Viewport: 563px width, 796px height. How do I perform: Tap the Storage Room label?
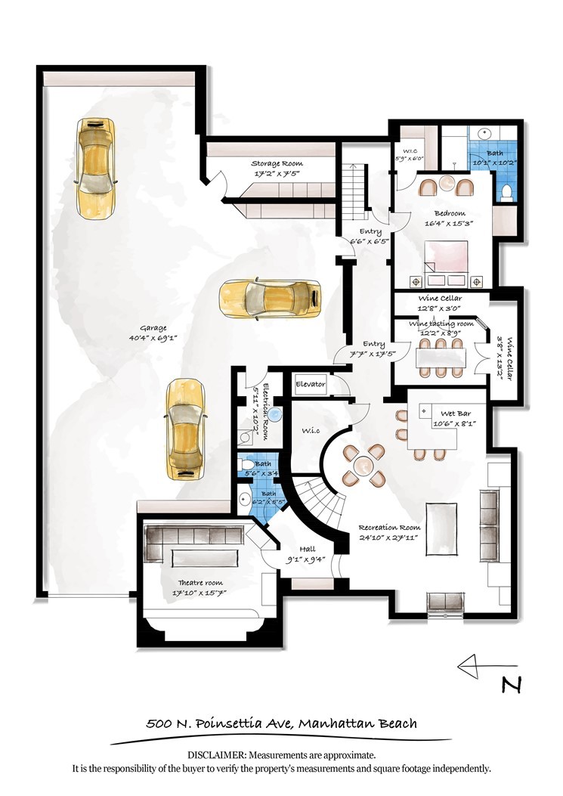(x=276, y=163)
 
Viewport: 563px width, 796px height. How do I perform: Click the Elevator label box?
(x=310, y=384)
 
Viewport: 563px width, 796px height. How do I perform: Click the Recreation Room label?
(x=389, y=528)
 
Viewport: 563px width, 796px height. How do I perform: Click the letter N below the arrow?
(x=512, y=684)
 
